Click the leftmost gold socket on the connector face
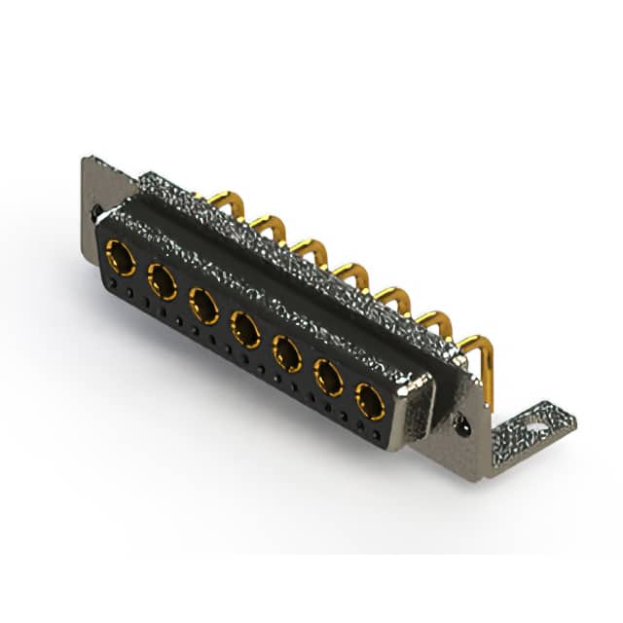coord(121,258)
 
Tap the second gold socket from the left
coord(163,282)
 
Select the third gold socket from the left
coord(204,306)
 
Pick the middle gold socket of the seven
coord(245,329)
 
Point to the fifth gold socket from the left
coord(287,352)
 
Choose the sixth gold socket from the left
coord(329,377)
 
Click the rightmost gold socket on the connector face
coord(370,399)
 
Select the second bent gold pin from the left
coord(268,226)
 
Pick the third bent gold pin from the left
coord(310,250)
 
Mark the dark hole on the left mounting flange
coord(96,210)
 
